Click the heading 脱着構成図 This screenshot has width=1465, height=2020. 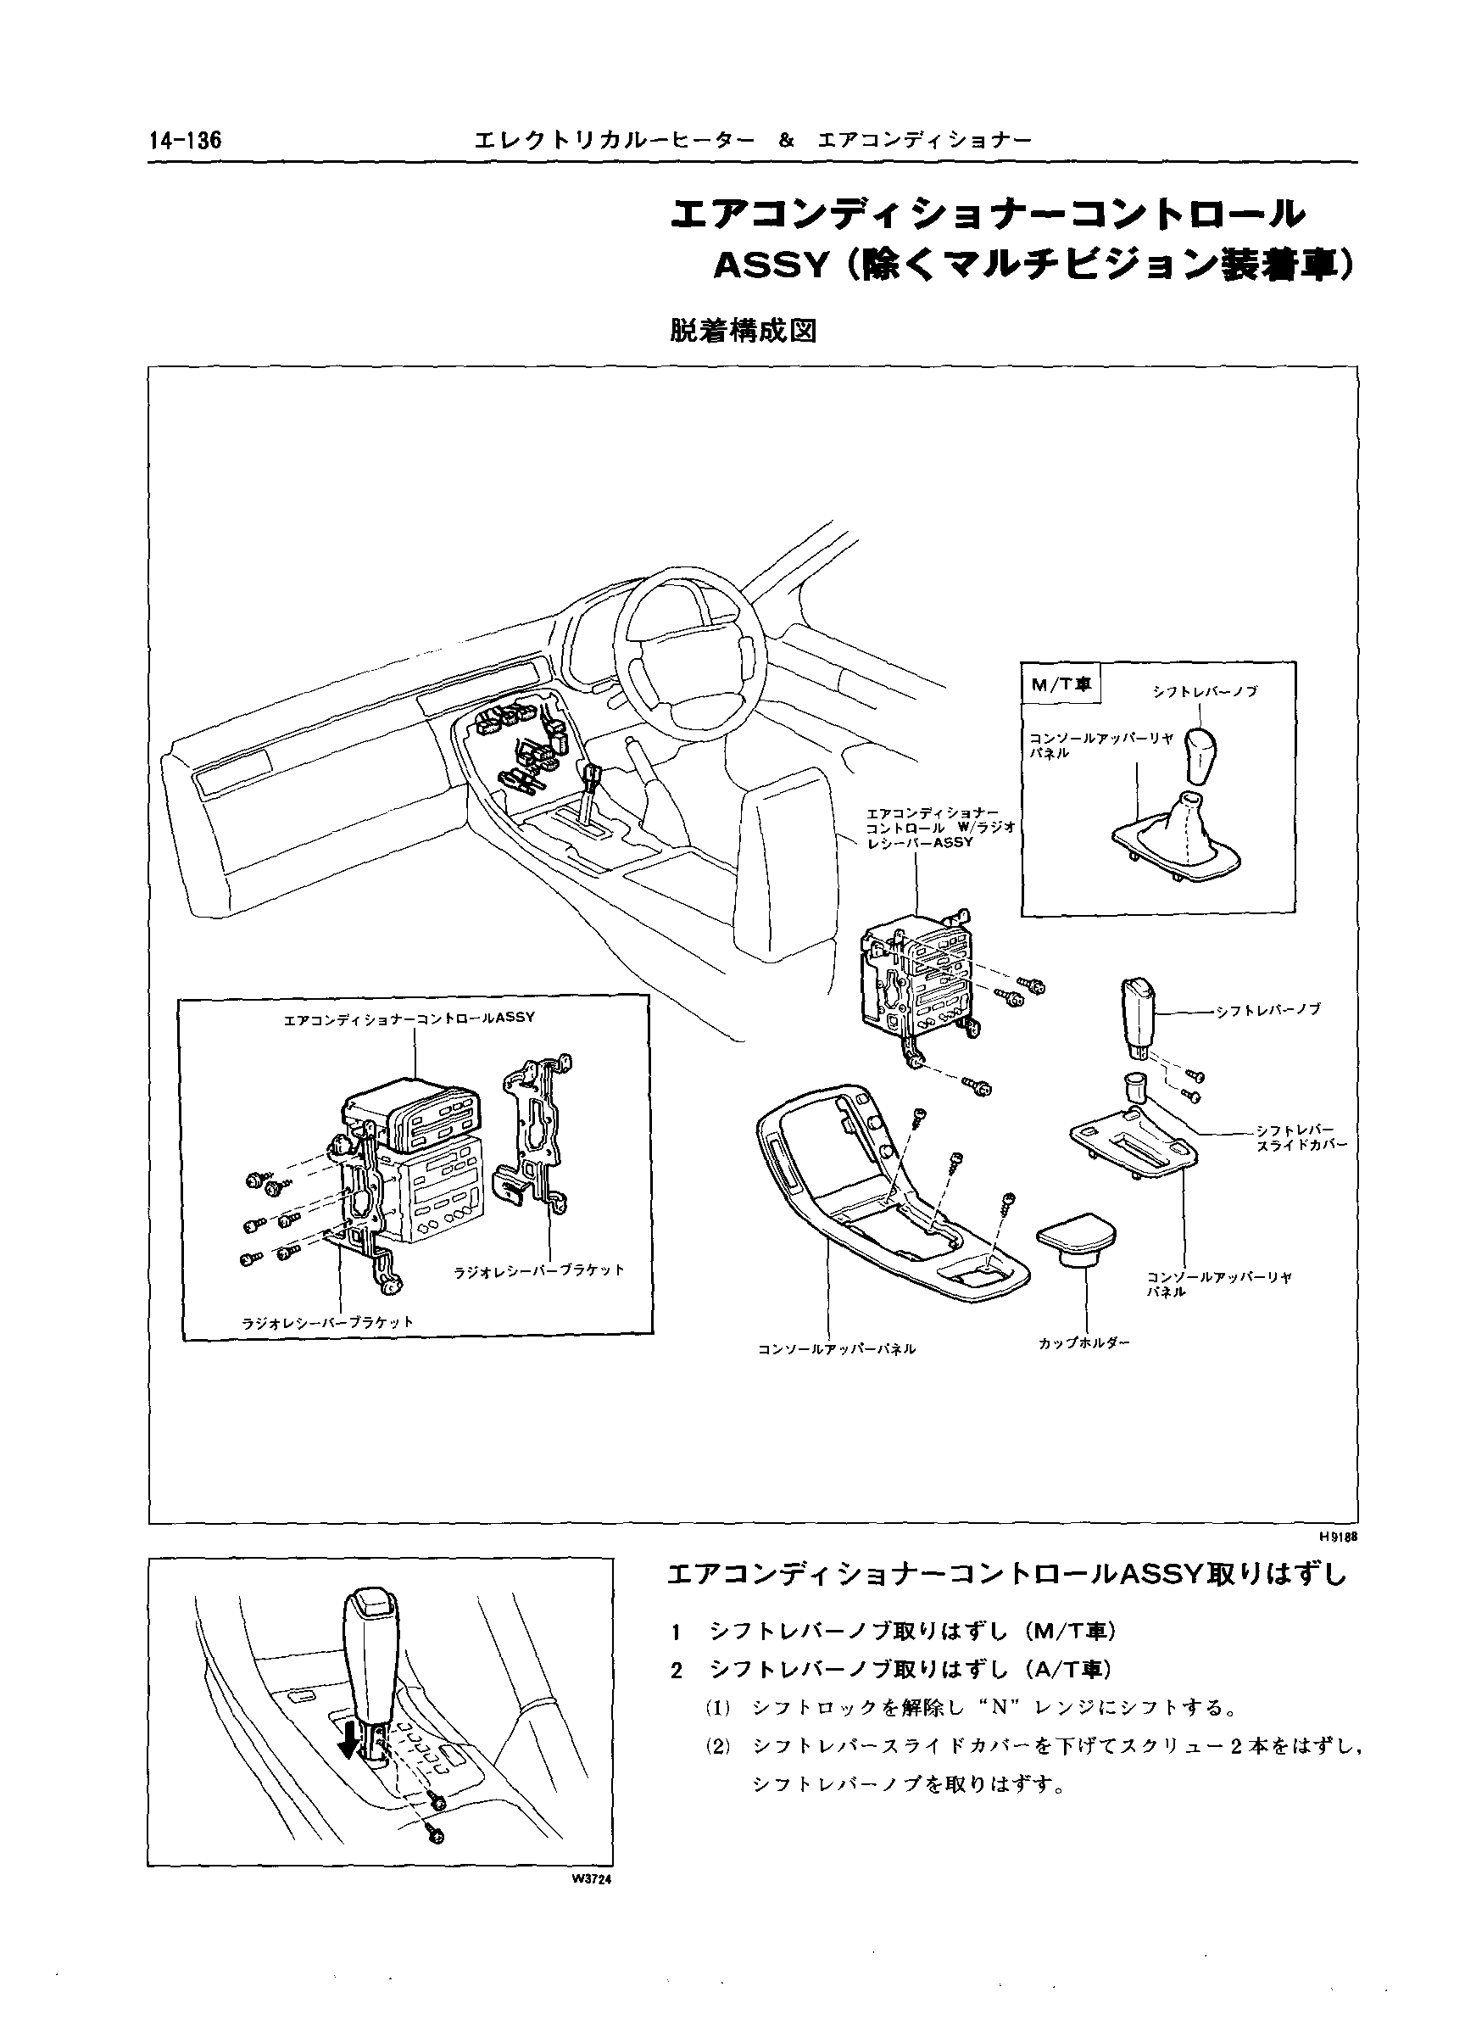[x=743, y=332]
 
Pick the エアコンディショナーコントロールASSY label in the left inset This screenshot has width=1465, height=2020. [x=409, y=1017]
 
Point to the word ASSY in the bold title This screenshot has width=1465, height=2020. [x=771, y=266]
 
